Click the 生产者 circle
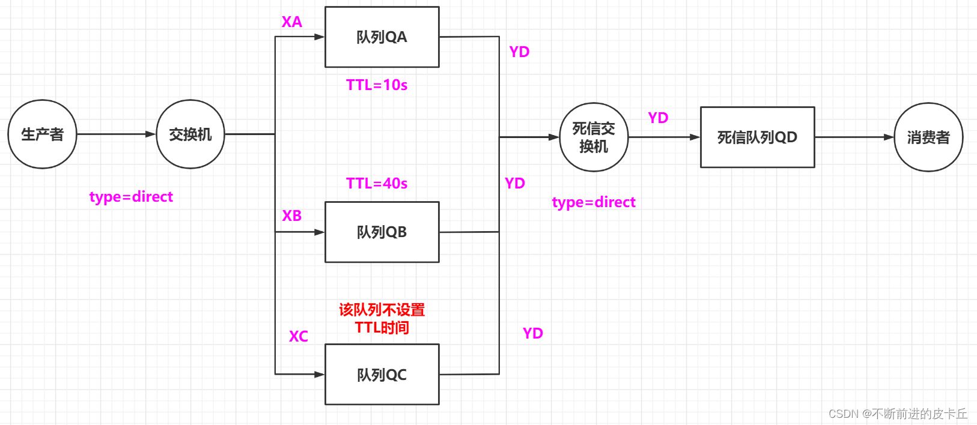tap(42, 134)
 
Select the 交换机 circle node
tap(190, 134)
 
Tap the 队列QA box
tap(382, 37)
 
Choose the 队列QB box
tap(382, 232)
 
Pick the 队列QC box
tap(382, 375)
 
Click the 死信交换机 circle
tap(594, 137)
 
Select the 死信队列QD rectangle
tap(757, 137)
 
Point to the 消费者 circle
tap(928, 137)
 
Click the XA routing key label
tap(292, 22)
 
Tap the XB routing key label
tap(292, 216)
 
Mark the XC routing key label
tap(299, 336)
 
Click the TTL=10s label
tap(377, 85)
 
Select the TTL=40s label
tap(377, 183)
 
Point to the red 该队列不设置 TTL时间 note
tap(382, 319)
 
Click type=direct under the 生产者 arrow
tap(131, 197)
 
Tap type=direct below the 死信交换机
tap(594, 202)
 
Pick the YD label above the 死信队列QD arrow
tap(658, 118)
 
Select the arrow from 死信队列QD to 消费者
tap(854, 137)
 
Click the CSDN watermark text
tap(898, 414)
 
